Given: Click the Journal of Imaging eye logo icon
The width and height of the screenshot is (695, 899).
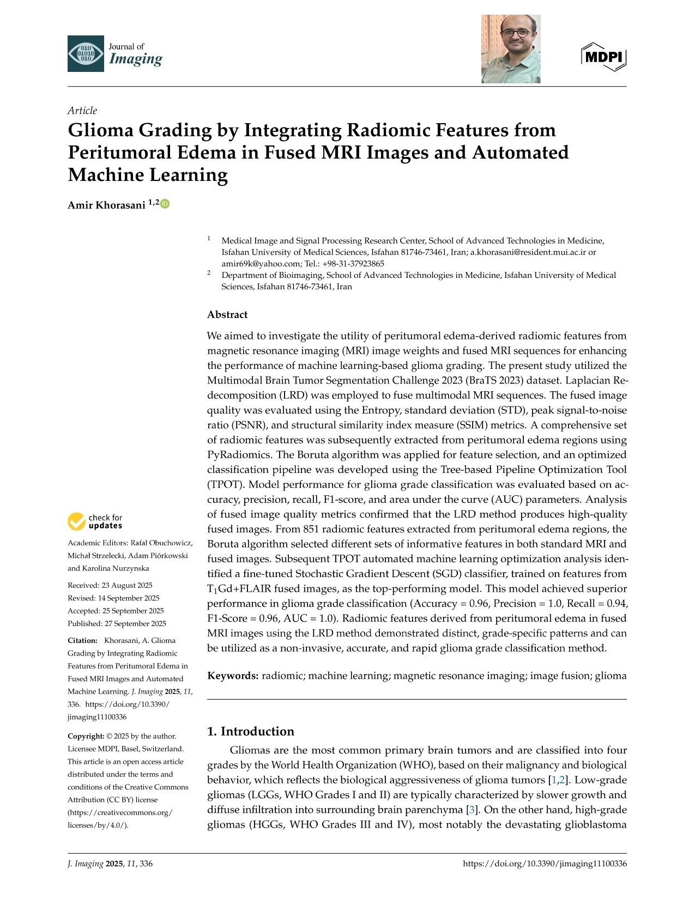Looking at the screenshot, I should click(86, 53).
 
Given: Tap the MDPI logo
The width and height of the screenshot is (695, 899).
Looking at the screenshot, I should click(604, 56).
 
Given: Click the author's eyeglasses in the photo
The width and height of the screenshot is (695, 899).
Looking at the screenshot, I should click(516, 33).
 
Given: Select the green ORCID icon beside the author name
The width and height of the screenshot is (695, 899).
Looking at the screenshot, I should click(165, 204).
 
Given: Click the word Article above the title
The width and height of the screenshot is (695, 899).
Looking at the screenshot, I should click(82, 111).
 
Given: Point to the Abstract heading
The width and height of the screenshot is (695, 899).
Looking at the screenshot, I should click(227, 314).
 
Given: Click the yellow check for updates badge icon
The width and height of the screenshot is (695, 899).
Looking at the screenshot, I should click(76, 521).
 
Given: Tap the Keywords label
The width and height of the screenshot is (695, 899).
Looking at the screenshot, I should click(233, 676).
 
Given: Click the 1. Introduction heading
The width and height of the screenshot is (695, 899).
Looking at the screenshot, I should click(251, 731).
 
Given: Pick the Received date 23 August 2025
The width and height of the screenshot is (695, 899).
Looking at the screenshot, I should click(125, 585).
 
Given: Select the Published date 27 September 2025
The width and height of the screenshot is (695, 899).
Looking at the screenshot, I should click(133, 623).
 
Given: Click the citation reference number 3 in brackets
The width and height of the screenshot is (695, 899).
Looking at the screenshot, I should click(472, 810).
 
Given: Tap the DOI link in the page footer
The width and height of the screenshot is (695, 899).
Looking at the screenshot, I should click(544, 864).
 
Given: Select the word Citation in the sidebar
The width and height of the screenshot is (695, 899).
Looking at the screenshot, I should click(82, 640).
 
